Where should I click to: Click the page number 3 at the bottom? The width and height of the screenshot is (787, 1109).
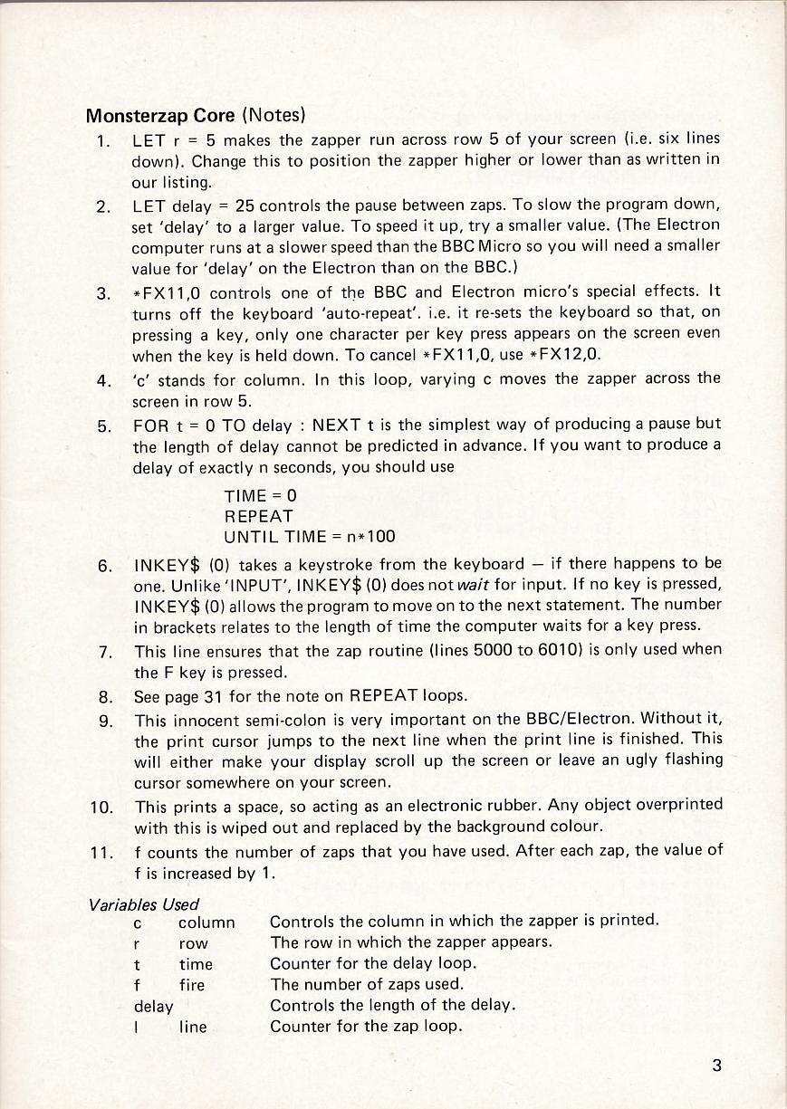[x=716, y=1065]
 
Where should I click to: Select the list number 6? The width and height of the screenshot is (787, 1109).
[x=105, y=566]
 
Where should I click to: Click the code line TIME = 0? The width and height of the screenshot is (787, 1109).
[x=260, y=496]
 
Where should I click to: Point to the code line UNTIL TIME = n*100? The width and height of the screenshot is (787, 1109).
[x=310, y=536]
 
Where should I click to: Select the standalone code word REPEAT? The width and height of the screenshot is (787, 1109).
[x=259, y=516]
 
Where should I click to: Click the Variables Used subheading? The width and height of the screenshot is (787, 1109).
[x=144, y=903]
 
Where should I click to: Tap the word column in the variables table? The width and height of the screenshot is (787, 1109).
[x=206, y=923]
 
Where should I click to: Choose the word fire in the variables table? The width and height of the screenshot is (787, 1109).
[x=192, y=984]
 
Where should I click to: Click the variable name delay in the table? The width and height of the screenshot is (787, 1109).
[x=153, y=1006]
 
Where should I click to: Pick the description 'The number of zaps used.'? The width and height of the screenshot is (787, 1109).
[x=367, y=984]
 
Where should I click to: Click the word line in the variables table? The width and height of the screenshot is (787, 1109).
[x=192, y=1027]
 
